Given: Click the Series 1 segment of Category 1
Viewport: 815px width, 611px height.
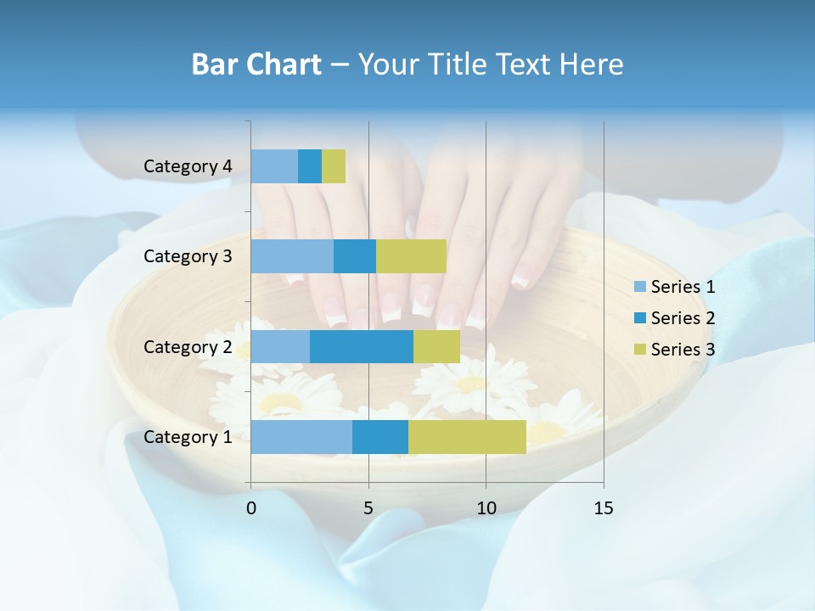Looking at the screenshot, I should [301, 436].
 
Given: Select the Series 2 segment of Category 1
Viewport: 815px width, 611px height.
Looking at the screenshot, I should [380, 436].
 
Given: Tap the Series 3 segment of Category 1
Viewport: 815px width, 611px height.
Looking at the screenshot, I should [467, 436].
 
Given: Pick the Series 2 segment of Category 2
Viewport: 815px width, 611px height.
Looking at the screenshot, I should [362, 346].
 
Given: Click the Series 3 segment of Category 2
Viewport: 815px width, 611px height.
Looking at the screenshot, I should [436, 346].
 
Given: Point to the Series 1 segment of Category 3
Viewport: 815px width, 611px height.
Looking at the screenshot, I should [292, 256].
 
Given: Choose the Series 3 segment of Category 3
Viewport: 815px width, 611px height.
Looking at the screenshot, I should [411, 256].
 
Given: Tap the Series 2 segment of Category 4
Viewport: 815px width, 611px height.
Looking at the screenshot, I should [310, 166].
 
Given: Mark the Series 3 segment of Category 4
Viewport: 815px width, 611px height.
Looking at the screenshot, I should [334, 166].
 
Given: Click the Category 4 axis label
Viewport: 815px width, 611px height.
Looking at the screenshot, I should [188, 166].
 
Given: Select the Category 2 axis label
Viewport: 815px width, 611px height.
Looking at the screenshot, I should [188, 346].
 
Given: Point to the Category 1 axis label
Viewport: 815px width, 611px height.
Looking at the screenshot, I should [188, 437].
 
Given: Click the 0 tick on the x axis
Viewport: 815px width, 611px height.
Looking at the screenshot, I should [251, 508].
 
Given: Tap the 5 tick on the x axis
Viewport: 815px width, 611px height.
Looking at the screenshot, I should [368, 508].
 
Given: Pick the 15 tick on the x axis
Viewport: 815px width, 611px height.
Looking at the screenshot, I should [603, 508].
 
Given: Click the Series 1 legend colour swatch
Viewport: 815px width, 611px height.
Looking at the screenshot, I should [639, 287].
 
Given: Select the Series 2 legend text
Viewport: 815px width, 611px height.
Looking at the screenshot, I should [683, 318].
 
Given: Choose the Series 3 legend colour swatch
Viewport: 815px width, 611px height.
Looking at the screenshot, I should [639, 350].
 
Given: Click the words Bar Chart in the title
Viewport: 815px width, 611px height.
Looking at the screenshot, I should [256, 64].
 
